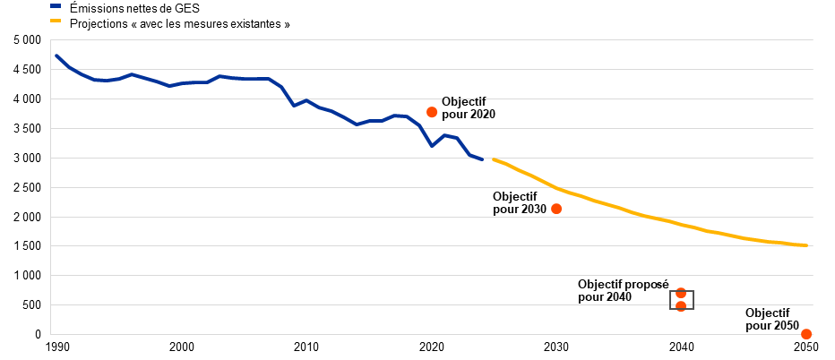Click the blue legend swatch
(x=56, y=5)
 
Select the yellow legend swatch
(x=56, y=20)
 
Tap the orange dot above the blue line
(x=432, y=112)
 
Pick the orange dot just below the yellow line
(x=556, y=209)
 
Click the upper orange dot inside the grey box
(x=681, y=293)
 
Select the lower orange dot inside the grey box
(x=681, y=306)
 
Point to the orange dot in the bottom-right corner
(x=806, y=334)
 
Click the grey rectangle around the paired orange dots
(x=671, y=300)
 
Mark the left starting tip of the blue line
(x=56, y=55)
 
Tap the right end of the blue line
(x=482, y=159)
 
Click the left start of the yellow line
(x=494, y=159)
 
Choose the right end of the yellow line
(x=807, y=245)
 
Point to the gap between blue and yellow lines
(x=488, y=159)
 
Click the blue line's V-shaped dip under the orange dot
(x=432, y=145)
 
